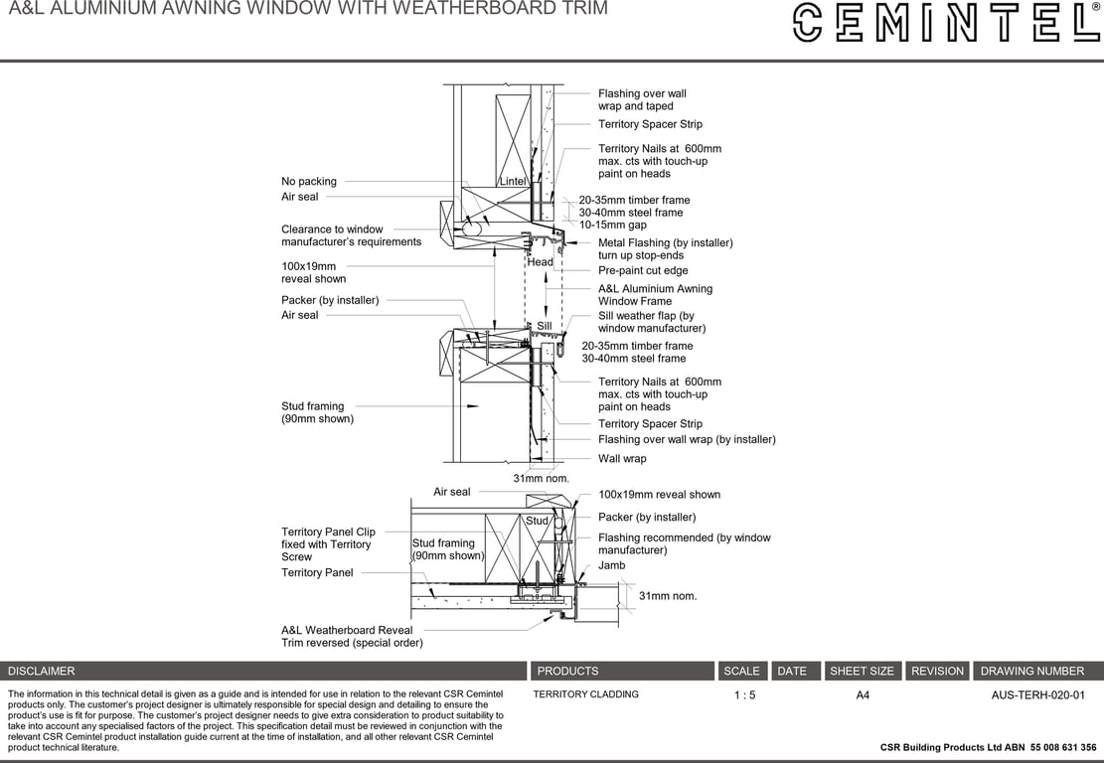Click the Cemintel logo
tap(946, 23)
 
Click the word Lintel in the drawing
tap(513, 181)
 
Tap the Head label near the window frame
tap(540, 262)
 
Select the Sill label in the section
tap(545, 326)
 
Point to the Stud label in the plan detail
tap(537, 521)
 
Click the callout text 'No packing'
tap(309, 182)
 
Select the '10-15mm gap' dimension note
tap(612, 226)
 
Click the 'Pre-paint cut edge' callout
tap(643, 271)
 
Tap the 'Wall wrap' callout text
tap(622, 459)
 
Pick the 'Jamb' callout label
tap(612, 565)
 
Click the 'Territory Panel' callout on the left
tap(317, 573)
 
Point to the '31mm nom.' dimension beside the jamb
tap(668, 596)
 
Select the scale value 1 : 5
tap(744, 695)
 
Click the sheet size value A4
tap(863, 695)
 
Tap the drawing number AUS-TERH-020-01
tap(1037, 695)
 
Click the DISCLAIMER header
tap(41, 672)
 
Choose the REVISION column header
tap(937, 672)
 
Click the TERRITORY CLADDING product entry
tap(586, 694)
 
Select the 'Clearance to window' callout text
tap(332, 229)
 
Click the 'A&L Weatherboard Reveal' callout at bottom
tap(347, 631)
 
